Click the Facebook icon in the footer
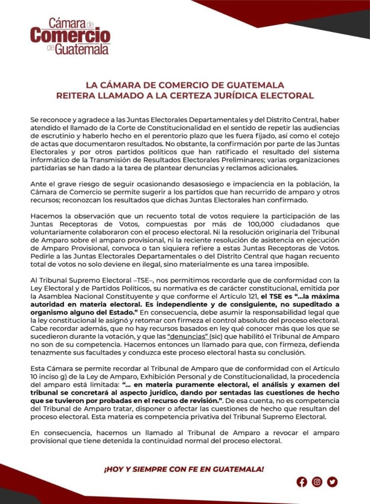(302, 481)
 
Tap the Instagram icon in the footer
(317, 481)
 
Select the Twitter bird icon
(333, 481)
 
